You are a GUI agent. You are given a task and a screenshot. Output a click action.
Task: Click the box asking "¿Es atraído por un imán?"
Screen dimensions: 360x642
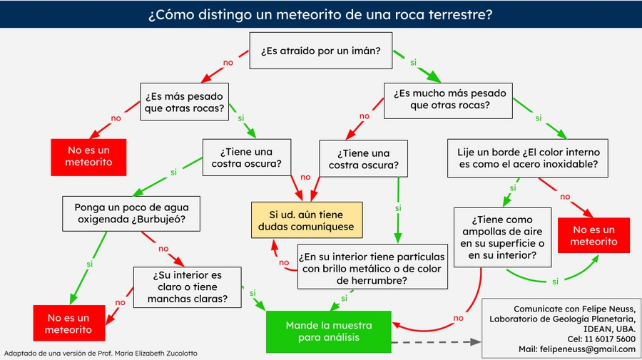(x=320, y=51)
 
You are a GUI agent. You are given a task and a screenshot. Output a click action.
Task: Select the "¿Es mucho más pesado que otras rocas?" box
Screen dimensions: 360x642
(x=449, y=100)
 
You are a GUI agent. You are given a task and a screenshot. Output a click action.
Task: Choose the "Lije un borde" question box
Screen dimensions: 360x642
(x=529, y=159)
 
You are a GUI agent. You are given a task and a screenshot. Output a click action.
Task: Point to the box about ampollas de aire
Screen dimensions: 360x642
(x=502, y=237)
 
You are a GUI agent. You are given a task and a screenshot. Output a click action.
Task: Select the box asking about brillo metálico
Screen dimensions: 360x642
(x=372, y=267)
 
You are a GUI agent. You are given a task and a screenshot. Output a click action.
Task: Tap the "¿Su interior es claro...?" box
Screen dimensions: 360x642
(x=188, y=287)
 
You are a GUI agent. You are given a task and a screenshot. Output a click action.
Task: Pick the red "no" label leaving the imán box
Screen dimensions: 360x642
(x=228, y=63)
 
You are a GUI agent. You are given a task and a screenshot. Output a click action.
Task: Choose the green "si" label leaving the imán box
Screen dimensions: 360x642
(x=413, y=63)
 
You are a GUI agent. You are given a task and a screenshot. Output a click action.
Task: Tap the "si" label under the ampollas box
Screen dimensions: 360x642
(x=556, y=281)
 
